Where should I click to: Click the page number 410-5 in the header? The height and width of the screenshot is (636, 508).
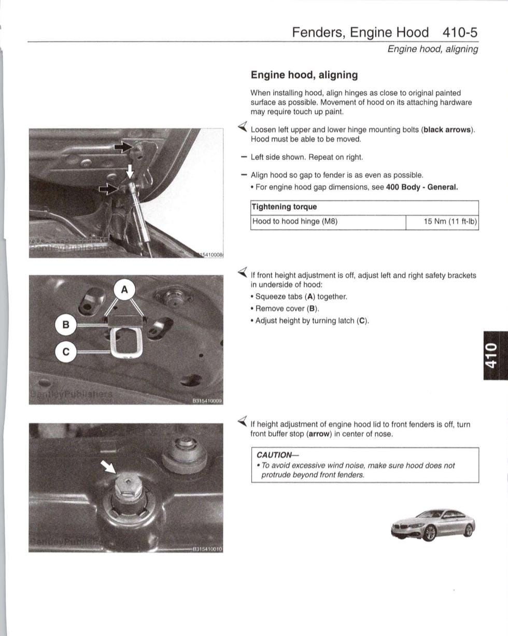(x=460, y=32)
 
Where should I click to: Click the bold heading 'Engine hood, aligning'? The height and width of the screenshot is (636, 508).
(x=304, y=75)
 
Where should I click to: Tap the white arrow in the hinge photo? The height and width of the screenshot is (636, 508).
(x=130, y=171)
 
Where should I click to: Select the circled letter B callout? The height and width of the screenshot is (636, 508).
(x=66, y=325)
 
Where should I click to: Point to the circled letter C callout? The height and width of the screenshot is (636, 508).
(x=66, y=352)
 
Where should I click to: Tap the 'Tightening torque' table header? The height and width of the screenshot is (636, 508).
(x=284, y=207)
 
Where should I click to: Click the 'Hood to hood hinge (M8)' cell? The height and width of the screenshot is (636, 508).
(x=294, y=222)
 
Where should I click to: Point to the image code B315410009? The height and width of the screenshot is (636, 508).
(x=207, y=401)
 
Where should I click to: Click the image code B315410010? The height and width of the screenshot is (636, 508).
(x=207, y=548)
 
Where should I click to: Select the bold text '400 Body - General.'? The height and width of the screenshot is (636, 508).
(x=422, y=187)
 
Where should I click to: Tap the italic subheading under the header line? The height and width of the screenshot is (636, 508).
(x=432, y=49)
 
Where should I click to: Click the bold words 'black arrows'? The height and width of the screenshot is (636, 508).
(x=447, y=130)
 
